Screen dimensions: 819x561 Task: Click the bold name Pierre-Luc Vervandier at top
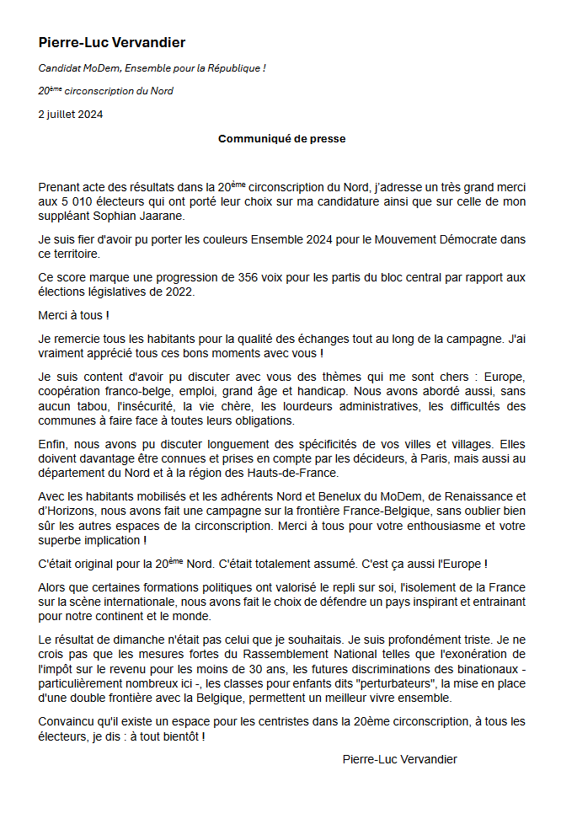click(x=112, y=43)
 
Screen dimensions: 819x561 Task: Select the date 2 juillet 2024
click(x=71, y=115)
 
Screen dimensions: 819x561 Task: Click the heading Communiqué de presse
click(x=281, y=138)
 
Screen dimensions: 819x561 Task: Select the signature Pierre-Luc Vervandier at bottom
click(x=400, y=759)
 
